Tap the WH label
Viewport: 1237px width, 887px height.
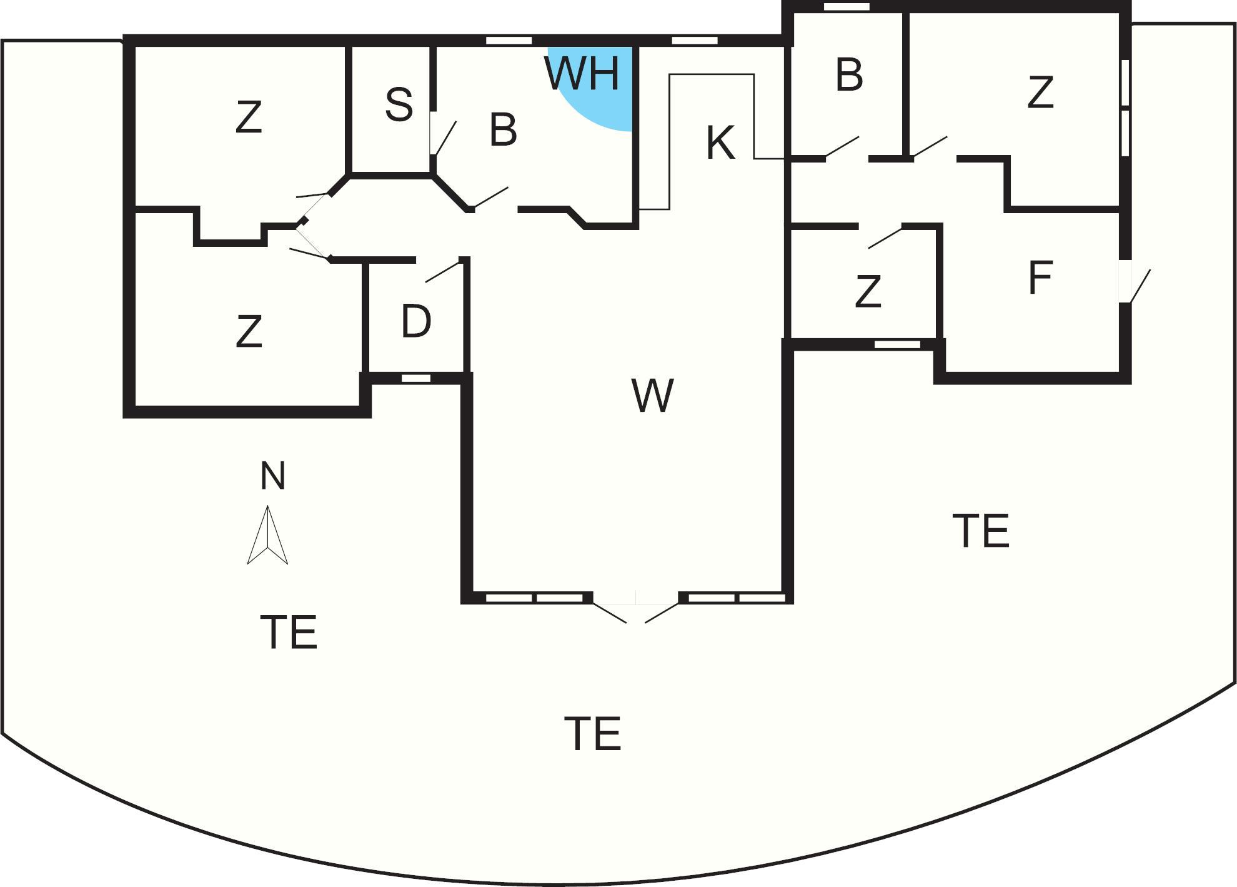[582, 73]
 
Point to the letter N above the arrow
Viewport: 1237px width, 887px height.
[272, 476]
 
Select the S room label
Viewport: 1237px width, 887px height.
[399, 104]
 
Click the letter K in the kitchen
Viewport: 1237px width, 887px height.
[720, 143]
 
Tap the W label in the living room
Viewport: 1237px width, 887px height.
[653, 396]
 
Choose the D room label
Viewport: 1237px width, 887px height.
[416, 322]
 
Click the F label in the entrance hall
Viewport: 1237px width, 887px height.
[1040, 278]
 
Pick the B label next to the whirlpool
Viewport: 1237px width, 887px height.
[503, 130]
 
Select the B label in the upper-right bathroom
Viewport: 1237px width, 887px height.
[849, 75]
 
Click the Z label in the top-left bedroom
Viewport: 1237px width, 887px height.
[248, 117]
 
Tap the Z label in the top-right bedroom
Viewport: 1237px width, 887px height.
[1040, 93]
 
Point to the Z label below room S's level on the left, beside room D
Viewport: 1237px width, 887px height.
[249, 331]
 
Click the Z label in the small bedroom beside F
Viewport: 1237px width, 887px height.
[868, 291]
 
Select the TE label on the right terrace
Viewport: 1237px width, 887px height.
[980, 531]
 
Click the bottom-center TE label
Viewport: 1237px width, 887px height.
[592, 734]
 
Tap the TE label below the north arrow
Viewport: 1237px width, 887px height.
[289, 632]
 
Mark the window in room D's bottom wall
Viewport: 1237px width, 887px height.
[415, 378]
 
